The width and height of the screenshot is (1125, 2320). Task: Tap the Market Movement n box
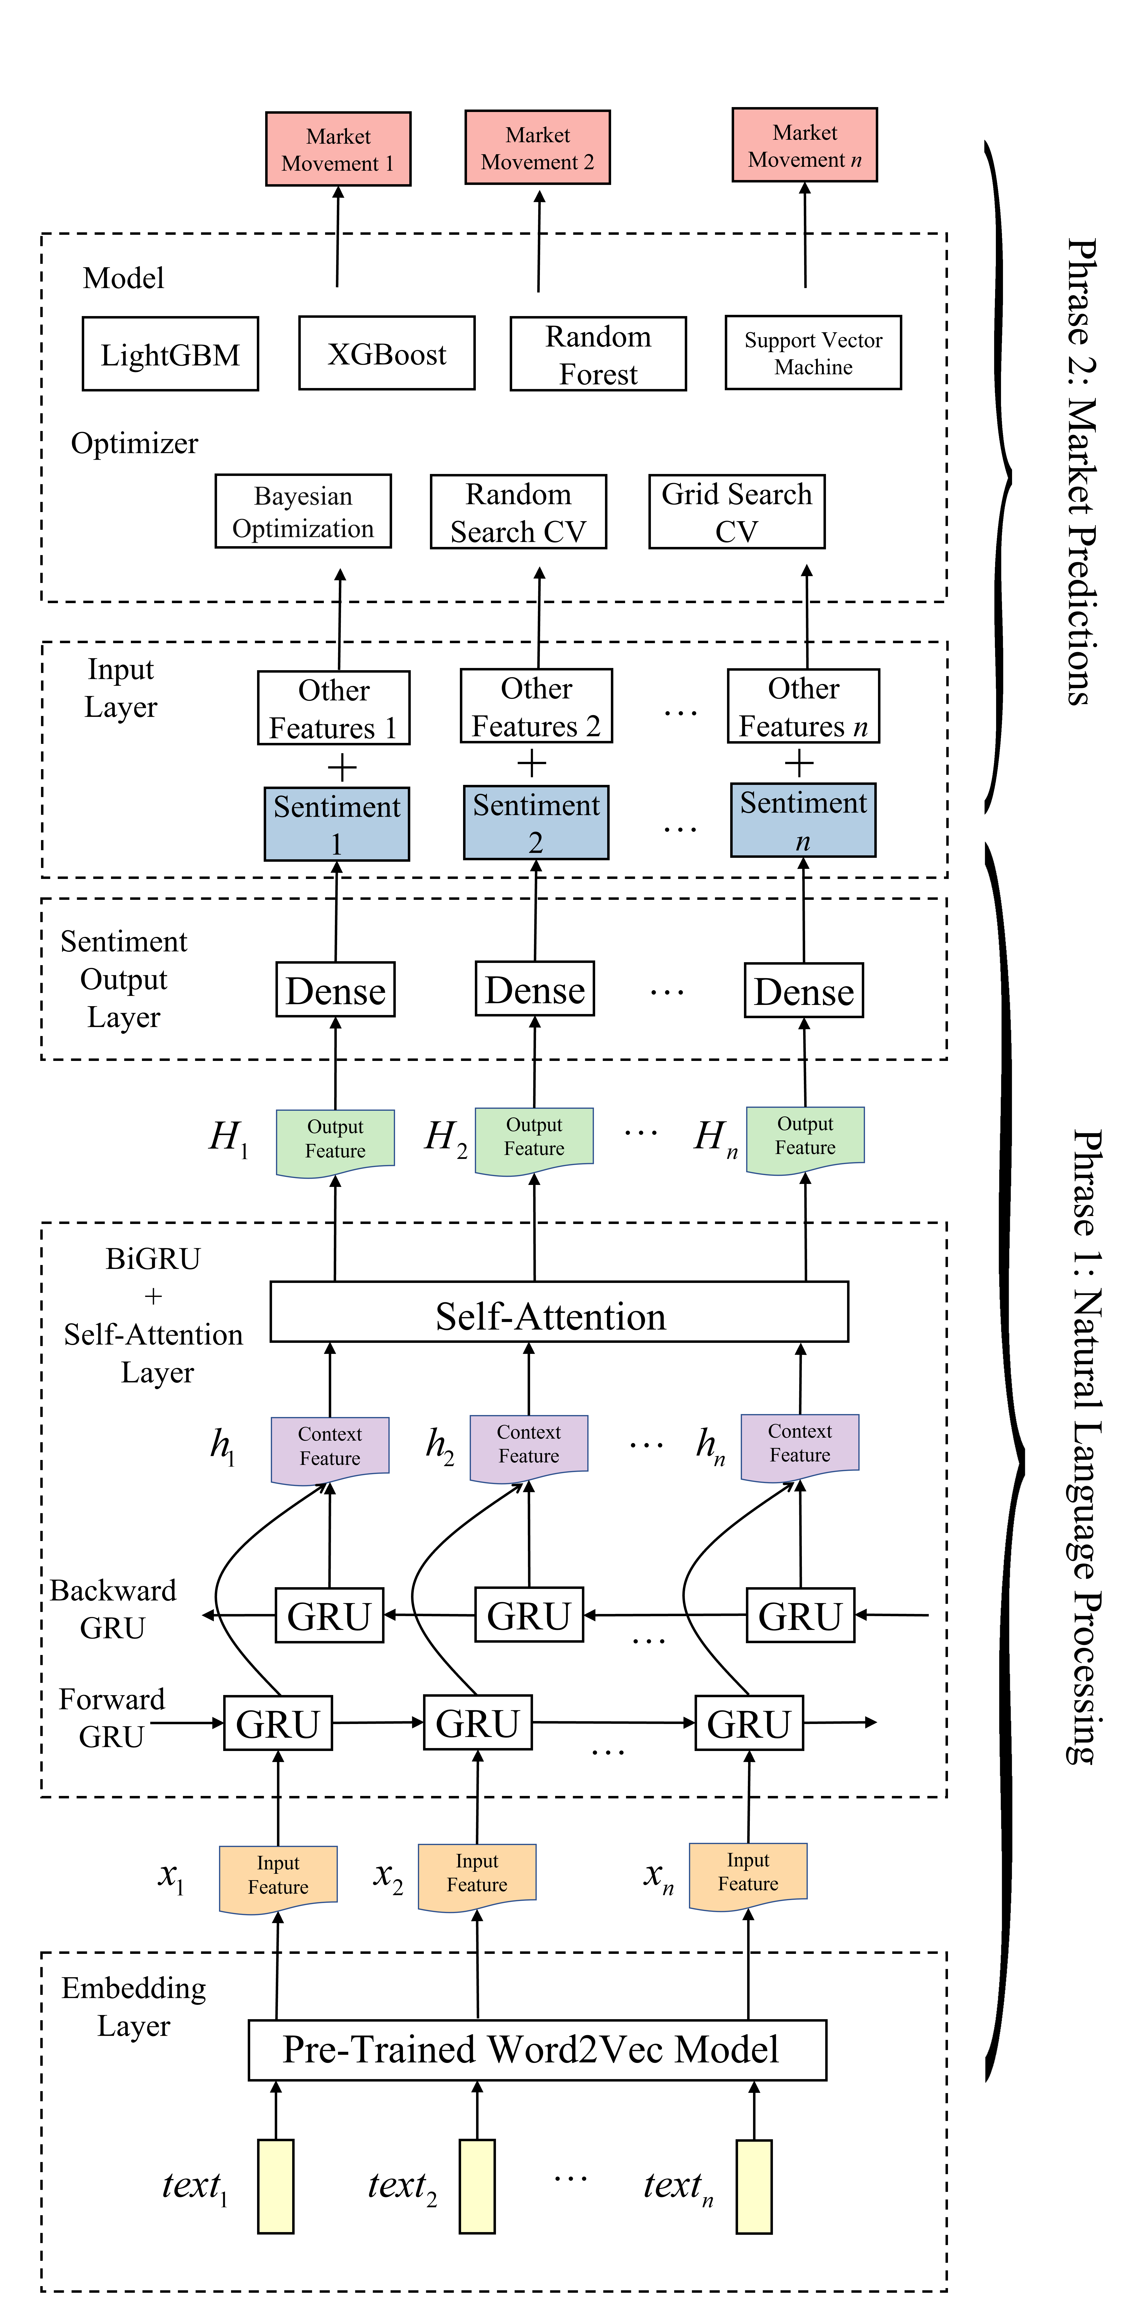click(804, 145)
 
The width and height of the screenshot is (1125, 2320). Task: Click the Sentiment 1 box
click(337, 824)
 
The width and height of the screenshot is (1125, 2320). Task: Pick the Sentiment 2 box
click(536, 822)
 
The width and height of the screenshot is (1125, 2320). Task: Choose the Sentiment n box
click(803, 820)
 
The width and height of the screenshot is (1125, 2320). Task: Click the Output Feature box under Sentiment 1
click(335, 1140)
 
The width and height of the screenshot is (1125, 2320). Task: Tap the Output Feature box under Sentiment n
click(805, 1137)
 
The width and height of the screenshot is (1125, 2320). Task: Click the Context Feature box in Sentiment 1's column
click(330, 1447)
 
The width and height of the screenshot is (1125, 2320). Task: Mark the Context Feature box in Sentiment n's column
click(800, 1444)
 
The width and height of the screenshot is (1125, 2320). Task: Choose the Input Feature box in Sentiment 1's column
click(278, 1876)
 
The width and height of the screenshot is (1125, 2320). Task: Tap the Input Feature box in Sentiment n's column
click(748, 1872)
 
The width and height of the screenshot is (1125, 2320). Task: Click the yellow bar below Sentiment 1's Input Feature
click(276, 2186)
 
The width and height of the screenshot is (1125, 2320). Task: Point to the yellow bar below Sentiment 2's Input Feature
click(477, 2186)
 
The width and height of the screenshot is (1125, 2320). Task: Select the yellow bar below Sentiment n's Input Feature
click(754, 2186)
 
